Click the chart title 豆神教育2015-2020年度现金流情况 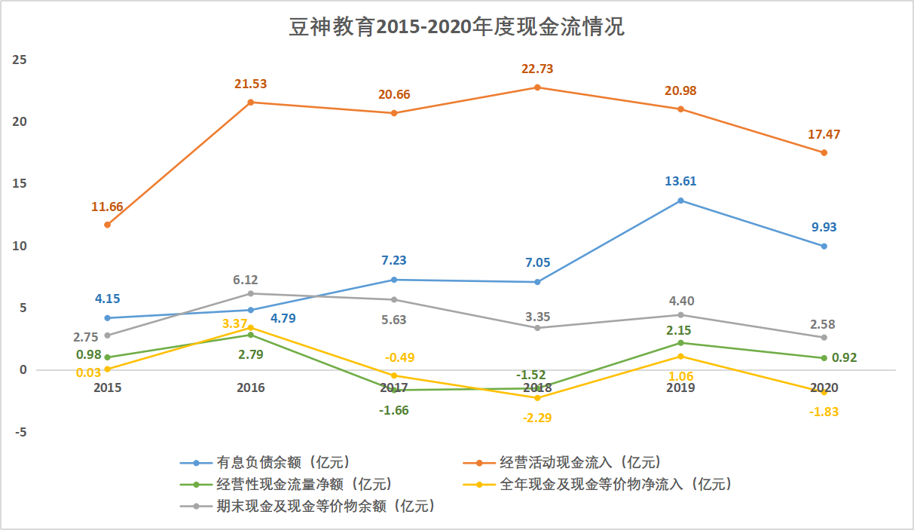pos(457,28)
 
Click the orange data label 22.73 pos(537,69)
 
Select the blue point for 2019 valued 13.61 pos(680,201)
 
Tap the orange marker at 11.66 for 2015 pos(107,225)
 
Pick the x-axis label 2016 pos(251,388)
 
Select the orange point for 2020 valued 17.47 pos(824,152)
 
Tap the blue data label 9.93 pos(824,227)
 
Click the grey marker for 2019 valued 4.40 pos(680,315)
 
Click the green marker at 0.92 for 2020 pos(824,358)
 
